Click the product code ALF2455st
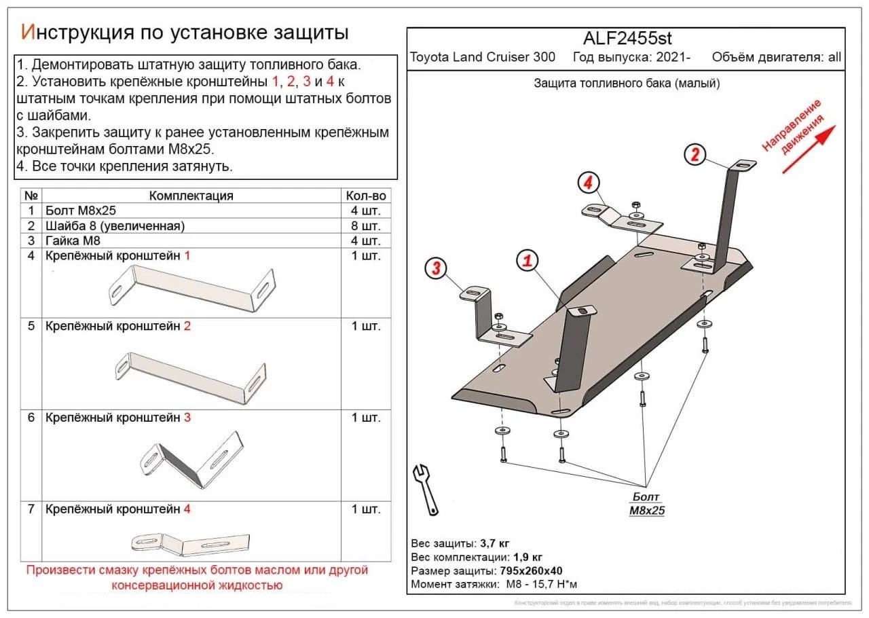627,38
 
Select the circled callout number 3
436,269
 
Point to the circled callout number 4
588,182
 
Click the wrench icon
425,489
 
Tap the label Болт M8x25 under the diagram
645,503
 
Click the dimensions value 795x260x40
534,570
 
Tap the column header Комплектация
191,196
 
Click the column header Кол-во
366,196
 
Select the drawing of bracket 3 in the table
192,458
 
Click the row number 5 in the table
31,326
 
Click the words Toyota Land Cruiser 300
482,57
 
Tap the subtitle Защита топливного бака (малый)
627,84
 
